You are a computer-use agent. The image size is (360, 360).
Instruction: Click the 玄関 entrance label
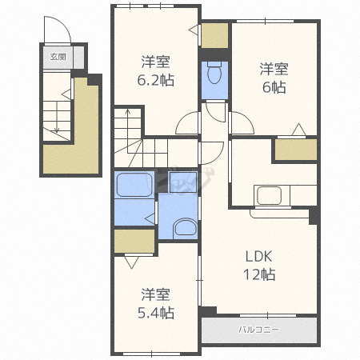coord(58,57)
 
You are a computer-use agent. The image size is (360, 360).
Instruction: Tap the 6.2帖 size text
coord(156,80)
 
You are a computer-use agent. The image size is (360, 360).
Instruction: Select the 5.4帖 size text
coord(156,313)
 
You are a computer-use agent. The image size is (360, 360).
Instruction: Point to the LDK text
coord(258,257)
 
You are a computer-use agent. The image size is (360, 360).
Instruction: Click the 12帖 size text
coord(259,274)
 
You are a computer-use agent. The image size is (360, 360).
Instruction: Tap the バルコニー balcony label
coord(258,330)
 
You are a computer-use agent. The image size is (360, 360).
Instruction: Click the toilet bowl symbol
coord(214,74)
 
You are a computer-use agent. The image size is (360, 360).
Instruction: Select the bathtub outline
coord(134,185)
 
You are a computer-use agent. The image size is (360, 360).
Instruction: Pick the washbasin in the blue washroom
coord(186,227)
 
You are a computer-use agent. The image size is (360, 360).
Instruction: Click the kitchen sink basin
coord(269,195)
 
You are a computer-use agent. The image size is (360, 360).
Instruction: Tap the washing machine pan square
coord(183,182)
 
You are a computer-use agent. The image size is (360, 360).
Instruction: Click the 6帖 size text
coord(274,87)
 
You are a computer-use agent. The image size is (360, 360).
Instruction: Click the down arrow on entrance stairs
coord(57,117)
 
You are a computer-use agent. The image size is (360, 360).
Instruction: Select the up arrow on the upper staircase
coord(128,130)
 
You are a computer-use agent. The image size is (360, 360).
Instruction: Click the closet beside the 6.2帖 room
coord(214,35)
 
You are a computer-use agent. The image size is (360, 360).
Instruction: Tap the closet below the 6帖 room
coord(296,150)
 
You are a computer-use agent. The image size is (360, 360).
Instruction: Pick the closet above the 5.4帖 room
coord(134,241)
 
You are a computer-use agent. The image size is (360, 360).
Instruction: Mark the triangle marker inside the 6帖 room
coord(298,130)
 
